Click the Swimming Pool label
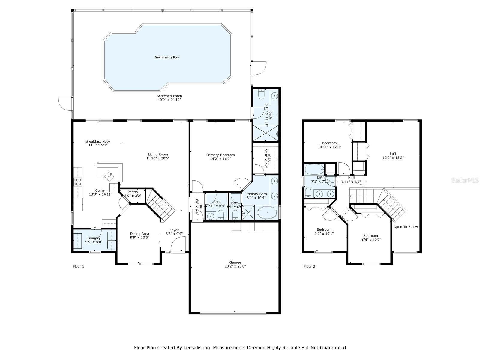pyautogui.click(x=167, y=57)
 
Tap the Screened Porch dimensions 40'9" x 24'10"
pyautogui.click(x=169, y=100)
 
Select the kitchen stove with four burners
pyautogui.click(x=78, y=182)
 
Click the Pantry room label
pyautogui.click(x=133, y=192)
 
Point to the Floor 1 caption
pyautogui.click(x=79, y=266)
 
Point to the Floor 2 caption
pyautogui.click(x=309, y=266)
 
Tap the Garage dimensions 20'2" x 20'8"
pyautogui.click(x=235, y=266)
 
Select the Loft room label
pyautogui.click(x=393, y=154)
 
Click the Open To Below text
pyautogui.click(x=406, y=227)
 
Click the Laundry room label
pyautogui.click(x=94, y=238)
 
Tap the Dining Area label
pyautogui.click(x=139, y=234)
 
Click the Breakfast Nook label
pyautogui.click(x=98, y=141)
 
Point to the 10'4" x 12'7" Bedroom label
pyautogui.click(x=370, y=236)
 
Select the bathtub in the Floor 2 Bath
pyautogui.click(x=314, y=169)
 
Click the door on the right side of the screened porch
pyautogui.click(x=259, y=68)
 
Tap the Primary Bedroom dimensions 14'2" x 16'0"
pyautogui.click(x=220, y=159)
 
